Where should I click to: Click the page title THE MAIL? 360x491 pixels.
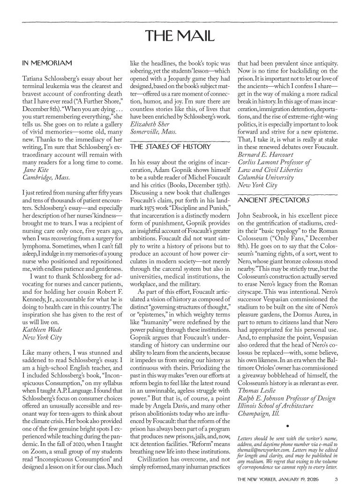(x=180, y=36)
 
